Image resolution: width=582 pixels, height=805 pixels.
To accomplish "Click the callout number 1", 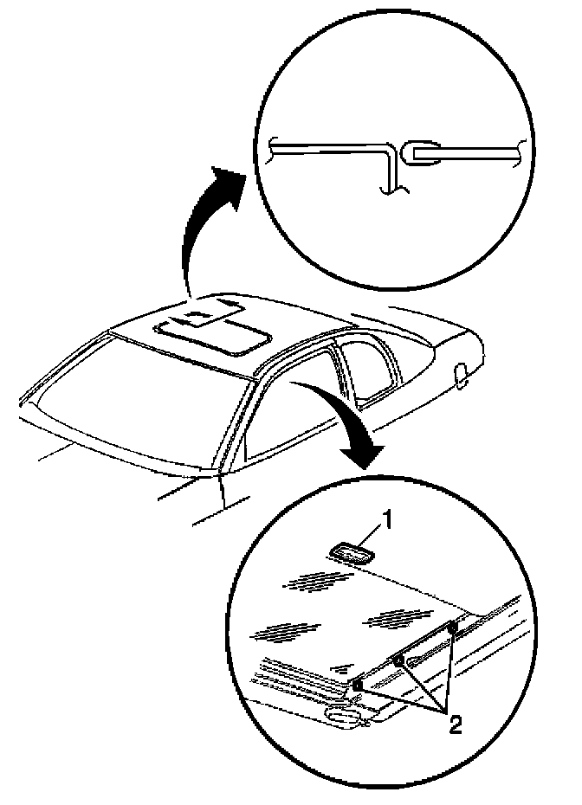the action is click(390, 519).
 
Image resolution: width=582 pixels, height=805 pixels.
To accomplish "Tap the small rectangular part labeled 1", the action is click(352, 552).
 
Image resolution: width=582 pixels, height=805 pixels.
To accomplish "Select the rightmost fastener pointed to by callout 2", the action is click(452, 627).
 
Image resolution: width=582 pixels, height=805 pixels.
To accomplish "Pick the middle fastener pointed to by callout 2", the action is click(398, 662).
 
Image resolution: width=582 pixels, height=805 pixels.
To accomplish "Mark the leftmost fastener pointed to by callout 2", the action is click(356, 686).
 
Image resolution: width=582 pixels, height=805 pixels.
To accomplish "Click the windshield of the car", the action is click(130, 394).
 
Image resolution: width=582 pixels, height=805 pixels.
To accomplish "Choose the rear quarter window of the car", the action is click(368, 364).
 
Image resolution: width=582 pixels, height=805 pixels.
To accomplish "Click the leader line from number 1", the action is click(374, 533).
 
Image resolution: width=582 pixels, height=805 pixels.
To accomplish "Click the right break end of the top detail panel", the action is click(518, 153).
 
